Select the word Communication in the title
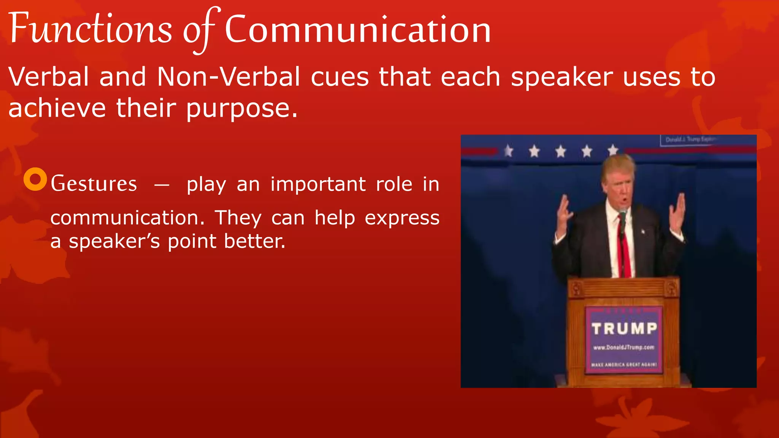pos(358,30)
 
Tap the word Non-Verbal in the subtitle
pos(229,77)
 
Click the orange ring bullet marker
pos(35,179)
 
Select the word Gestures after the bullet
pos(94,184)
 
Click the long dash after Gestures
pos(162,185)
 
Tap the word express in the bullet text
pos(402,218)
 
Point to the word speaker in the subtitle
pos(561,77)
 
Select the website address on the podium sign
pos(624,347)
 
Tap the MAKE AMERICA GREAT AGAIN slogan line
pos(624,364)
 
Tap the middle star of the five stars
pos(561,151)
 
